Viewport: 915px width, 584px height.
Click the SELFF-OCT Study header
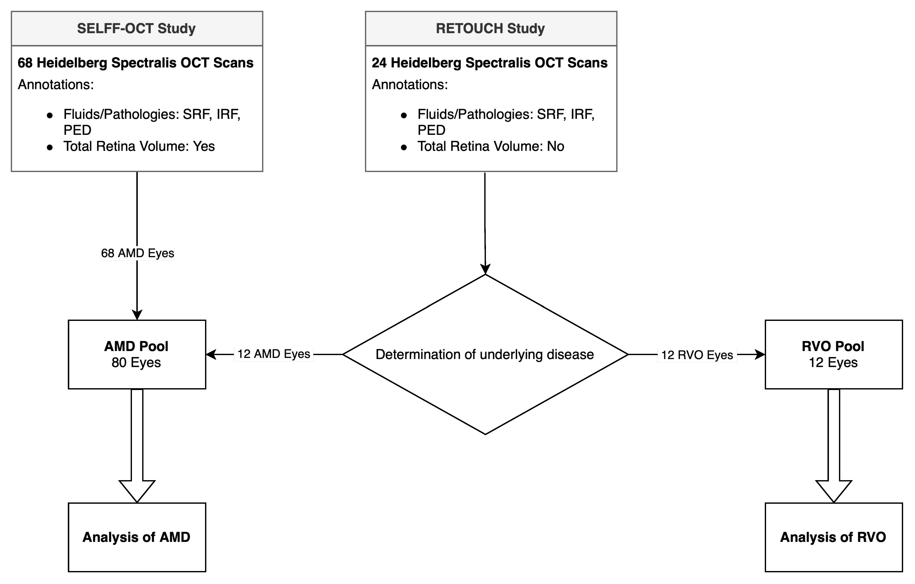coord(136,29)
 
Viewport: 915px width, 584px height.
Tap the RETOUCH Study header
coord(490,29)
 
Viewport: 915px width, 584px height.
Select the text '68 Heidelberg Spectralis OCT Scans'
coord(136,63)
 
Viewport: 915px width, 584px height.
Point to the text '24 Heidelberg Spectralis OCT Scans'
coord(489,63)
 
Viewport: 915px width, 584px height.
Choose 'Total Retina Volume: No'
coord(490,146)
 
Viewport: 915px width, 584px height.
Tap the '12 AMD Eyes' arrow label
coord(274,354)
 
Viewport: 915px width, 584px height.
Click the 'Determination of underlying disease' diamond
coord(485,354)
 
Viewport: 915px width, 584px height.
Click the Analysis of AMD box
coord(137,537)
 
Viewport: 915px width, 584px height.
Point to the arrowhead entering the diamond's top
coord(485,269)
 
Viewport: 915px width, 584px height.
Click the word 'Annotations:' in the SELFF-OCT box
coord(56,84)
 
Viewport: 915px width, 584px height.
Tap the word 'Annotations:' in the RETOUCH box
coord(410,84)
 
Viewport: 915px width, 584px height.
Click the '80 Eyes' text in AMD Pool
coord(136,363)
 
